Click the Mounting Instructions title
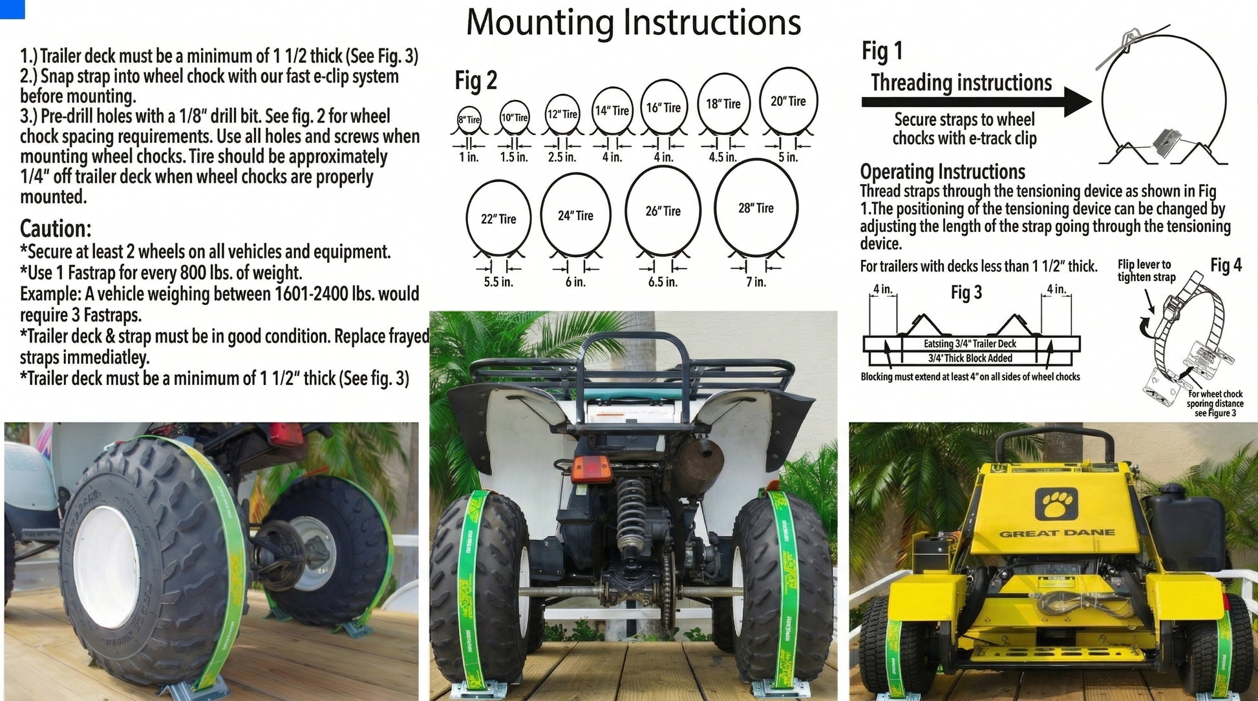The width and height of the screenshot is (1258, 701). [633, 22]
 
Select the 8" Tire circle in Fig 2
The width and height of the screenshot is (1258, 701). [469, 119]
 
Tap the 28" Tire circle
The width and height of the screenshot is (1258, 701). [756, 208]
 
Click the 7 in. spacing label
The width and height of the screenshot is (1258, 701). [756, 282]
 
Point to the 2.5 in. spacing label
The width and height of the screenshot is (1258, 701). [561, 157]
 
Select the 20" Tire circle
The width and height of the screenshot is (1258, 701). [788, 101]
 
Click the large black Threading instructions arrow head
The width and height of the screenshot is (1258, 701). [1077, 101]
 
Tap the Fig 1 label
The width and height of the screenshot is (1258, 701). [882, 51]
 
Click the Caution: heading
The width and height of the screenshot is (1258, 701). [56, 229]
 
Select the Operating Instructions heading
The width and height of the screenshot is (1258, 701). [942, 172]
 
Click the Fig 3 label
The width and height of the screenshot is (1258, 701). [966, 293]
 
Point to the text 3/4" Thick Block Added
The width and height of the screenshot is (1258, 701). [970, 358]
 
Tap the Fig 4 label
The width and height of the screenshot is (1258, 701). [1226, 266]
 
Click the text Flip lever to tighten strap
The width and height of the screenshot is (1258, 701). [1146, 271]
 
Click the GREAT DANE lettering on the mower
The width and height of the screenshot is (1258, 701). [1057, 534]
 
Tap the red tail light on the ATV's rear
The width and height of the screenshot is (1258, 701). [585, 468]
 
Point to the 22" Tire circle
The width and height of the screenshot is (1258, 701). [498, 219]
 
